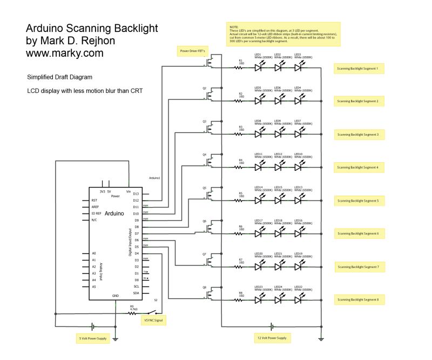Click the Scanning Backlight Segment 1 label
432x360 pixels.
[x=358, y=68]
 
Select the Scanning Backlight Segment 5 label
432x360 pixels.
[x=358, y=201]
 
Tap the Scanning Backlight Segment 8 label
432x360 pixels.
[x=358, y=299]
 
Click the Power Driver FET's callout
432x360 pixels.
[x=192, y=51]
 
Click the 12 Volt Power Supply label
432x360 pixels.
[x=272, y=338]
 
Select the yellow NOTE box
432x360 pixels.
[x=283, y=34]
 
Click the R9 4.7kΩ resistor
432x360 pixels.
[x=132, y=314]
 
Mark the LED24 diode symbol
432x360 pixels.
[x=279, y=298]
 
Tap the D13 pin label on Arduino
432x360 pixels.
[x=136, y=194]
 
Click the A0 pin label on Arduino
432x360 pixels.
[x=94, y=253]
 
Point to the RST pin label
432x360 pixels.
[x=94, y=201]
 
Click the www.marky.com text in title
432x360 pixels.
[x=64, y=54]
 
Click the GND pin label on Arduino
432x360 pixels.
[x=115, y=296]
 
